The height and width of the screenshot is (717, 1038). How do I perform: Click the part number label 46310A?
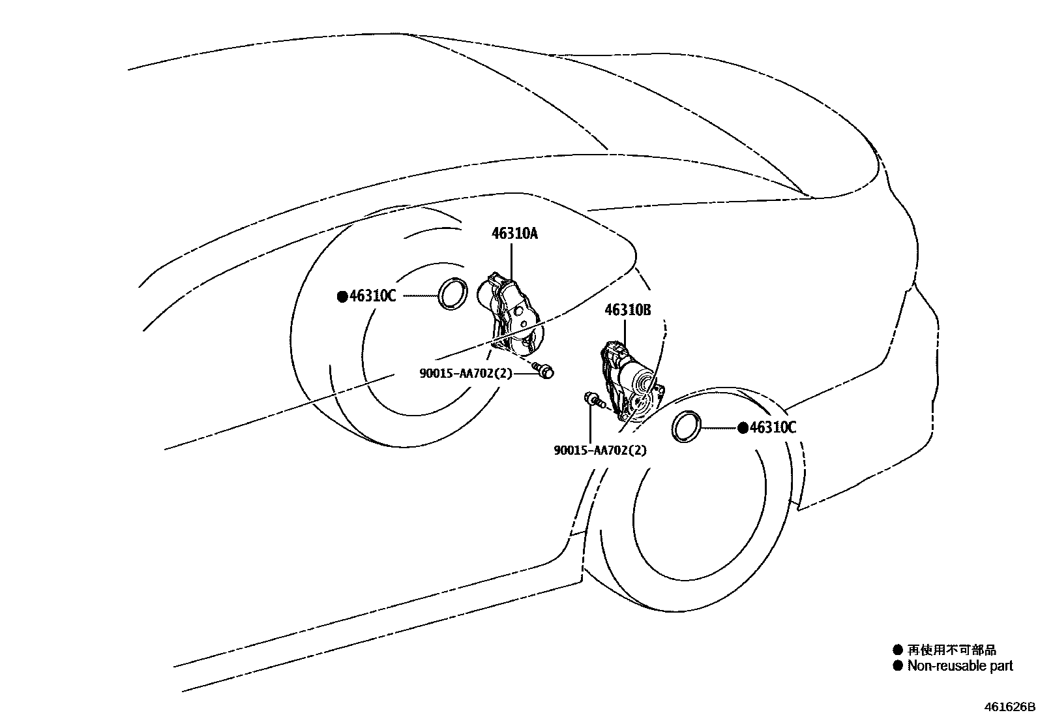[514, 234]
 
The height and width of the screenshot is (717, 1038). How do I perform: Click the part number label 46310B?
[627, 310]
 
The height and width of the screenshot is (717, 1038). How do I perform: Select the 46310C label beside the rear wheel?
[372, 296]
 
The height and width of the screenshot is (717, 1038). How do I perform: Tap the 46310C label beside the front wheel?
[773, 428]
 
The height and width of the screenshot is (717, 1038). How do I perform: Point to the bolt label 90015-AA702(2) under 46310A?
[466, 373]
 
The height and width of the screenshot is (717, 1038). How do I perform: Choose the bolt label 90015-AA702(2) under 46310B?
[601, 450]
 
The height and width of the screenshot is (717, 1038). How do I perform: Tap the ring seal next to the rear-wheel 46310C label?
[452, 294]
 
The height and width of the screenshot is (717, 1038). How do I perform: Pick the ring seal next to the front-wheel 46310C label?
[687, 427]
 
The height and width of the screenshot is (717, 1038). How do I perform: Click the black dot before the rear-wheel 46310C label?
[342, 297]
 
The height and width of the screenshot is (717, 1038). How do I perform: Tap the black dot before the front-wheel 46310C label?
[743, 428]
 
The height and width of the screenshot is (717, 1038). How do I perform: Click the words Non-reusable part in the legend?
[960, 666]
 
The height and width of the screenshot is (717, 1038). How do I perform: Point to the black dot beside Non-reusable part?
[898, 666]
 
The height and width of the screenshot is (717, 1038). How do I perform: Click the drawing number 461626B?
[1009, 707]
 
